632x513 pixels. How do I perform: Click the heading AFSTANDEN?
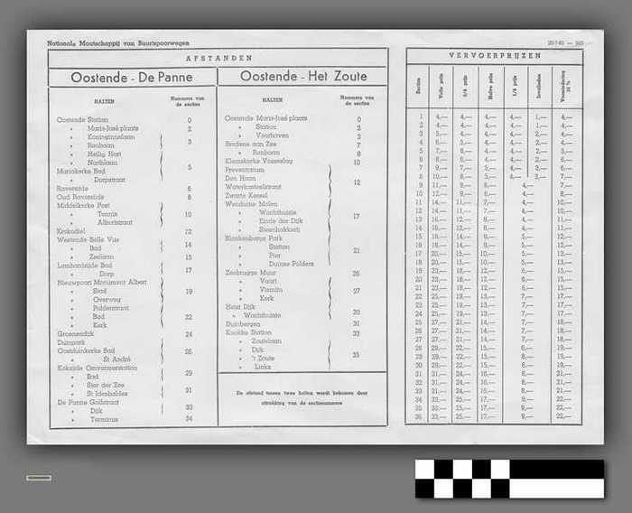coord(218,57)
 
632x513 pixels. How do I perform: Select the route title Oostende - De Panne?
coord(132,78)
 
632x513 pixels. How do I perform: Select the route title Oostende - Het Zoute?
coord(303,77)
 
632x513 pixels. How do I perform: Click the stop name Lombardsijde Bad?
coord(84,266)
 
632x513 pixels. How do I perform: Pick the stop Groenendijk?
coord(75,334)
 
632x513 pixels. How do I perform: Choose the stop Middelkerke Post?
coord(82,206)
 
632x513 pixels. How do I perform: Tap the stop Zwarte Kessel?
coord(246,196)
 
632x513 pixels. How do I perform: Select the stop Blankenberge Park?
coord(253,238)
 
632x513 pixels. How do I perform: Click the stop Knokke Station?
coord(249,332)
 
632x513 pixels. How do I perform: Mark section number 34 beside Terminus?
coord(189,418)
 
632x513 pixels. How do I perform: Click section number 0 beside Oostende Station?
coord(189,120)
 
